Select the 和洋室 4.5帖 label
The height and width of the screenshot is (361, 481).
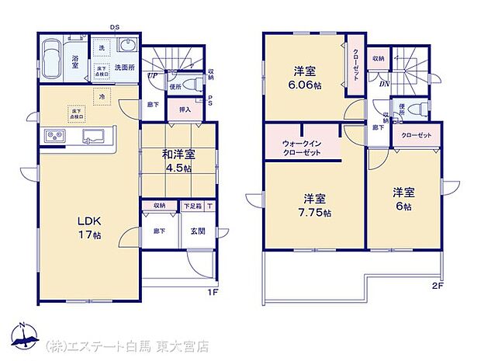pos(178,160)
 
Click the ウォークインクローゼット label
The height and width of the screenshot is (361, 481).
pos(303,147)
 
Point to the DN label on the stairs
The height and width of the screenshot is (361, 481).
pos(384,84)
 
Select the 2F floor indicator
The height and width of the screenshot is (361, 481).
pos(439,284)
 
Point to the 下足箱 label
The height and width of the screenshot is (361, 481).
pos(192,206)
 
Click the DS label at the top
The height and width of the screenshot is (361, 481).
pos(113,27)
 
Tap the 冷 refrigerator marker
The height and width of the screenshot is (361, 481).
pos(101,96)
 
